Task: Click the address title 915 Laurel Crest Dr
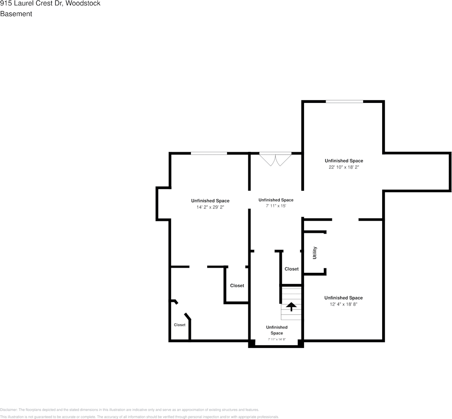pyautogui.click(x=50, y=4)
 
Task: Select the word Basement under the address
pyautogui.click(x=16, y=14)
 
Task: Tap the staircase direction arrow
pyautogui.click(x=291, y=306)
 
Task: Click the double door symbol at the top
pyautogui.click(x=275, y=159)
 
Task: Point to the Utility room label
pyautogui.click(x=315, y=253)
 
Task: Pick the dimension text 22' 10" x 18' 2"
pyautogui.click(x=344, y=167)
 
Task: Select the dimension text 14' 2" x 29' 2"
pyautogui.click(x=210, y=207)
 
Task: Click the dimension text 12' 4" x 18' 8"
pyautogui.click(x=343, y=304)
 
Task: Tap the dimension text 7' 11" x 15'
pyautogui.click(x=276, y=206)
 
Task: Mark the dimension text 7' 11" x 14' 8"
pyautogui.click(x=277, y=340)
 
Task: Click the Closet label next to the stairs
pyautogui.click(x=292, y=269)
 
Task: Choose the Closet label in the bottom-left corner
pyautogui.click(x=179, y=325)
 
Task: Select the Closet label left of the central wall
pyautogui.click(x=237, y=286)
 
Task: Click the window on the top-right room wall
pyautogui.click(x=344, y=102)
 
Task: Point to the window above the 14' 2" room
pyautogui.click(x=209, y=153)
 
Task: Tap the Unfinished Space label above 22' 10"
pyautogui.click(x=344, y=161)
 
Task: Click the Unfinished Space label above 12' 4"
pyautogui.click(x=343, y=298)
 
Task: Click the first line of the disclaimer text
pyautogui.click(x=129, y=410)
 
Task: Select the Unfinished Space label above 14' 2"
pyautogui.click(x=210, y=201)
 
